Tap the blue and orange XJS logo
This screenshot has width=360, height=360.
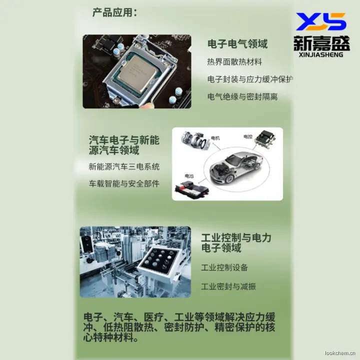pos(321,21)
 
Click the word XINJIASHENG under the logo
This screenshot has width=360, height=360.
pos(321,54)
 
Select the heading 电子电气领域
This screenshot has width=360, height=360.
pos(237,44)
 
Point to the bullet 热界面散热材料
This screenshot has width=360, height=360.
pos(234,62)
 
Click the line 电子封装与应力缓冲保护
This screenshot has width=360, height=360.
pos(250,79)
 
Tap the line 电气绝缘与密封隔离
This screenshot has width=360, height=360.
pos(242,96)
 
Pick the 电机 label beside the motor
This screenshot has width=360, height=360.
pos(215,138)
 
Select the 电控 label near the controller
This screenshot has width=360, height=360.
pos(248,136)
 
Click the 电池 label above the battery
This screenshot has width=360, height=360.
pos(189,176)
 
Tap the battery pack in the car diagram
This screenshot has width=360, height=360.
pos(192,189)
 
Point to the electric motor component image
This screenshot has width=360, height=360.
pos(195,140)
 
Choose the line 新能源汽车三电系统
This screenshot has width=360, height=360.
pos(124,166)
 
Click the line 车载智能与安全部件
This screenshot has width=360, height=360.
pos(124,183)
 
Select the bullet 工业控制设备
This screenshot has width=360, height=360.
pos(224,267)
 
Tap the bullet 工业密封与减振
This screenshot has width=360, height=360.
pos(228,286)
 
